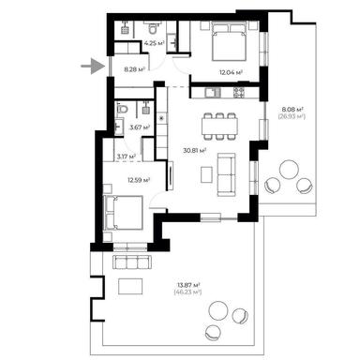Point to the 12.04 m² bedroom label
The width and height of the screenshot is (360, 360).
click(231, 72)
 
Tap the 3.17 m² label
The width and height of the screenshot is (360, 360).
click(126, 156)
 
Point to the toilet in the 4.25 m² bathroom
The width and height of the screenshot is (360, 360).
click(152, 30)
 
